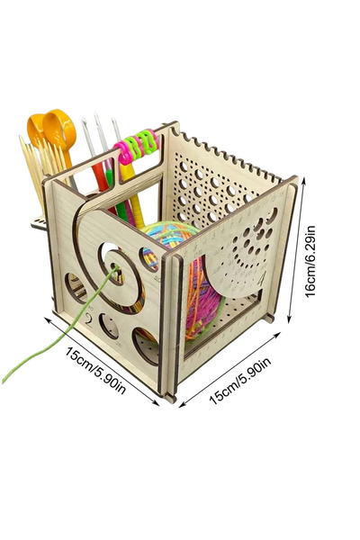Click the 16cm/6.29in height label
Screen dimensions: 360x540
point(310,261)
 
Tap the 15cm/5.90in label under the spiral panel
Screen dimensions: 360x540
point(95,371)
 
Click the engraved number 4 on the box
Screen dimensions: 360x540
point(263,277)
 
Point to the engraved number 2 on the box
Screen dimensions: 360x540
point(89,319)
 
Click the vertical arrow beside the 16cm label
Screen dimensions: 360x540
point(297,250)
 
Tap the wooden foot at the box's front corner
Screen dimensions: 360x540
point(170,398)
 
